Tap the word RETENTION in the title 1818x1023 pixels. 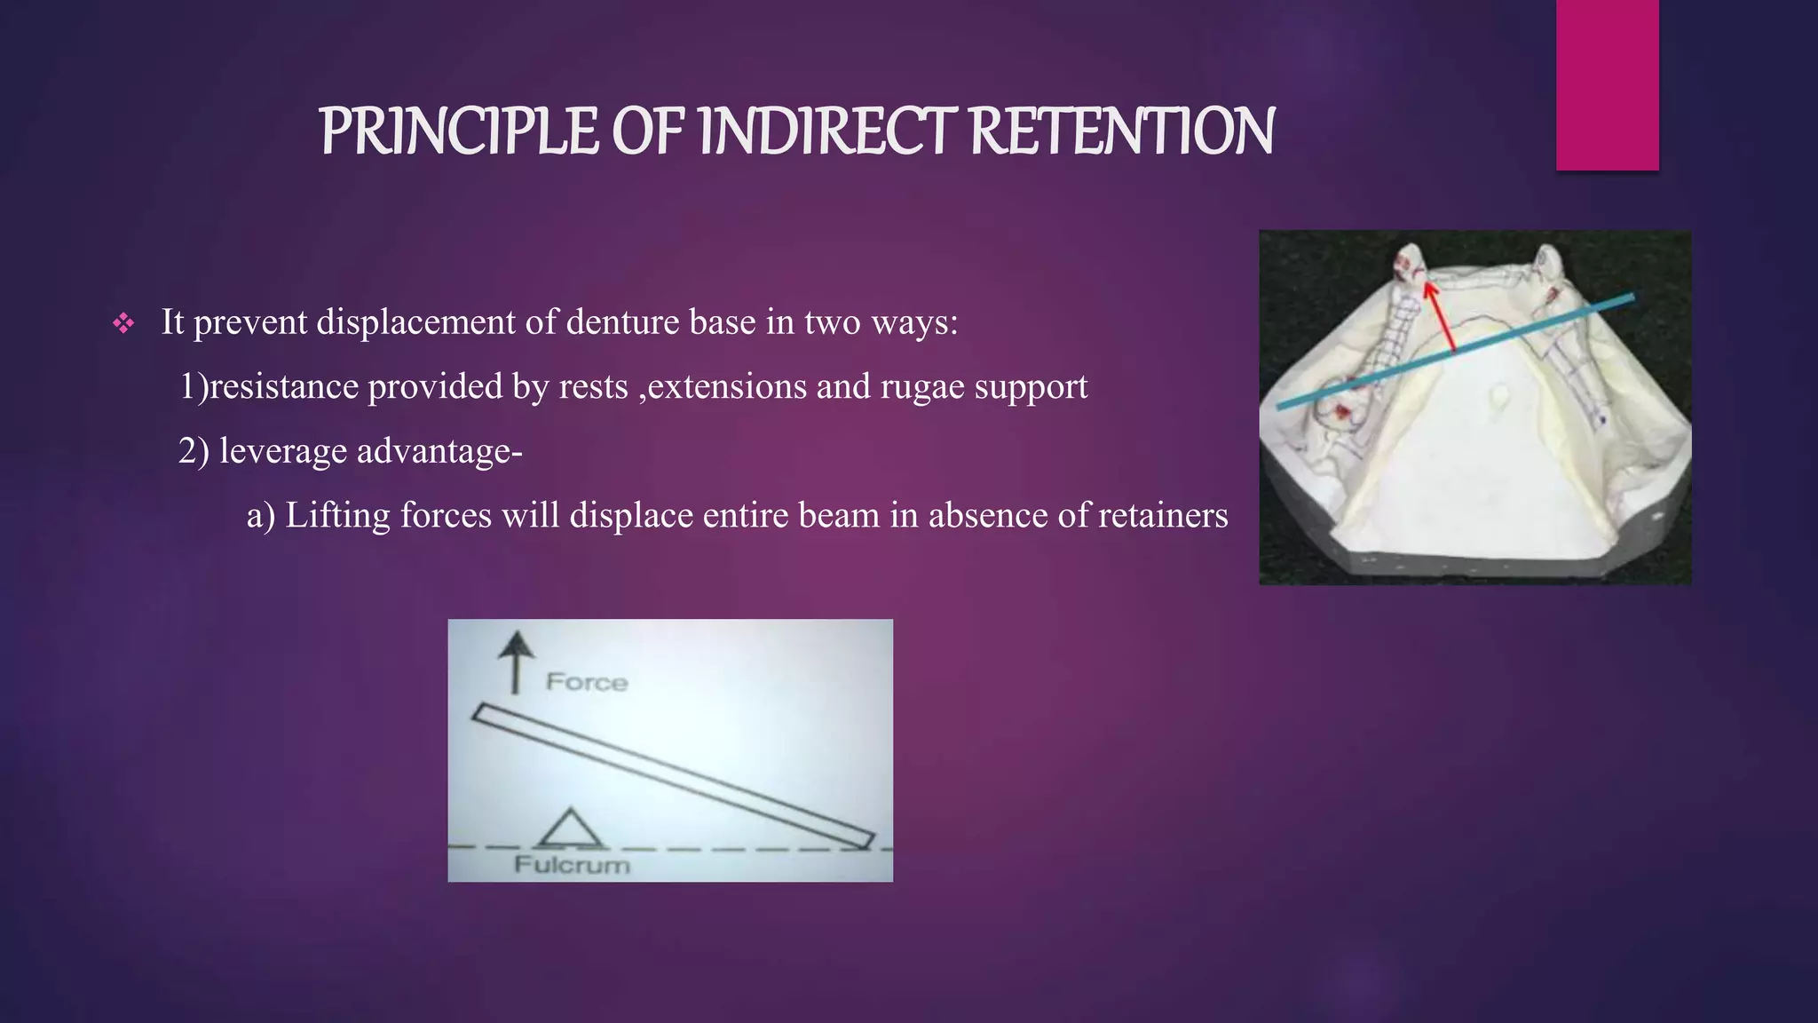point(1122,131)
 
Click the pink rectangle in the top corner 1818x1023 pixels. point(1607,84)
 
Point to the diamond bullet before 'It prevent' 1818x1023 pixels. point(123,323)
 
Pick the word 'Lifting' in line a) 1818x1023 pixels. point(337,515)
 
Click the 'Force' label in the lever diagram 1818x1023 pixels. point(587,682)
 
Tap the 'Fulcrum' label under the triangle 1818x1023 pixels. point(572,865)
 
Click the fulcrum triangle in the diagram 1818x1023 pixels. point(571,829)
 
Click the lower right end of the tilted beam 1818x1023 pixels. point(862,839)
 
